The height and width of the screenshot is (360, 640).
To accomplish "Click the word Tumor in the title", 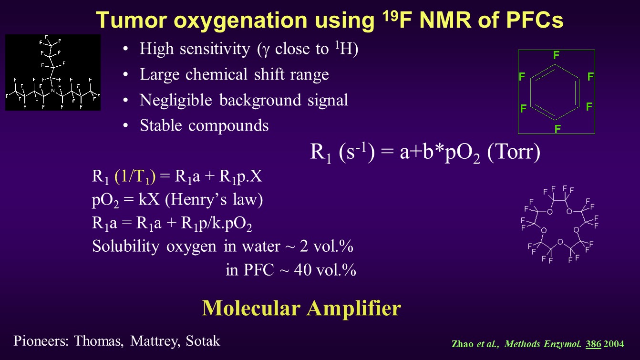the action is click(x=132, y=20).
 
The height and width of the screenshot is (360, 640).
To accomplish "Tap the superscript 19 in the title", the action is click(x=390, y=16).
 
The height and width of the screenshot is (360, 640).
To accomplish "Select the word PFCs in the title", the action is click(x=534, y=20).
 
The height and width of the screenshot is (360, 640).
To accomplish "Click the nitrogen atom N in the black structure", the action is click(x=52, y=91).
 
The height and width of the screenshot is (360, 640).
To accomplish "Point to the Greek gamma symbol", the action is click(x=266, y=50).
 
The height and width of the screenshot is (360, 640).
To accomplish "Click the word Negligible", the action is click(x=175, y=101).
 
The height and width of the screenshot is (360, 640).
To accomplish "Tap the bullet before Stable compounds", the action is click(x=125, y=126).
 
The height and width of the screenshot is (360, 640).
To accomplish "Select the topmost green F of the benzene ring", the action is click(x=556, y=55).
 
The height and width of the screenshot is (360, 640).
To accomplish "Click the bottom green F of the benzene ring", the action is click(x=557, y=129).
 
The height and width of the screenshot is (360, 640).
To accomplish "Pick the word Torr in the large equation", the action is click(x=514, y=152).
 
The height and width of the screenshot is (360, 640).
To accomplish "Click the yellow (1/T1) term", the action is click(x=135, y=176).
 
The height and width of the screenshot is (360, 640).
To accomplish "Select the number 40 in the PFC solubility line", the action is click(x=303, y=270).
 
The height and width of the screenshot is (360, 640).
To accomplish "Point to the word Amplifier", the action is click(x=354, y=309).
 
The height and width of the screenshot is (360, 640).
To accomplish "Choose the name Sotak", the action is click(x=203, y=340).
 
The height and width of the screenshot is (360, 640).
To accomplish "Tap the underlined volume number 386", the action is click(x=593, y=344).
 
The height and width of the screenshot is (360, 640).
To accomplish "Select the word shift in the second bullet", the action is click(x=269, y=74).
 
